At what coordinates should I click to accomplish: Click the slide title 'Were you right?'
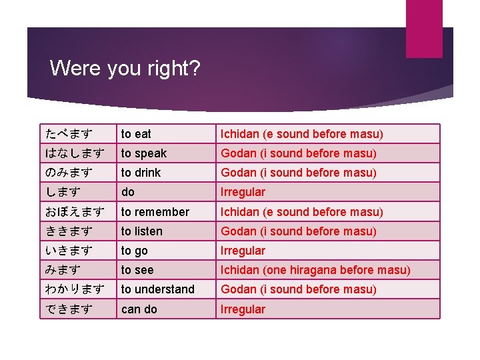[125, 68]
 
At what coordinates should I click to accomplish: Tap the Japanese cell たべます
[69, 134]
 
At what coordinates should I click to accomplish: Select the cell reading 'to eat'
[136, 134]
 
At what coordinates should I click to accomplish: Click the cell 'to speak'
[143, 153]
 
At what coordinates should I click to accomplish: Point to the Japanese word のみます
[69, 173]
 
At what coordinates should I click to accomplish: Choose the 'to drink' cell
[141, 173]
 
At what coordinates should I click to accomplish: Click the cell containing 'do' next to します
[127, 192]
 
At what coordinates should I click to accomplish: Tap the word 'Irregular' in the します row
[243, 192]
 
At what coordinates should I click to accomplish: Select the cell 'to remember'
[155, 212]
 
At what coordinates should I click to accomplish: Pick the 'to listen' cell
[141, 231]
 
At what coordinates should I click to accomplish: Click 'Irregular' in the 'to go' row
[243, 251]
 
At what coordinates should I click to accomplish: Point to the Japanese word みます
[63, 270]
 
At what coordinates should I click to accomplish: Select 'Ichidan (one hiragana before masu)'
[315, 270]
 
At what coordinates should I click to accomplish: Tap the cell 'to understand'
[157, 289]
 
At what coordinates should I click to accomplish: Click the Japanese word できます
[69, 309]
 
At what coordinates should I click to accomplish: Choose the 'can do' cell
[139, 309]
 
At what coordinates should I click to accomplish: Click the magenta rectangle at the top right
[424, 29]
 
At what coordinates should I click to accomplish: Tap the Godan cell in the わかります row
[299, 289]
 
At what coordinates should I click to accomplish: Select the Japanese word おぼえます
[75, 212]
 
